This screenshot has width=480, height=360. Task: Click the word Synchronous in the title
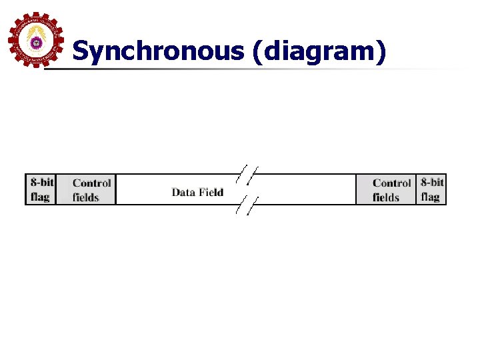159,51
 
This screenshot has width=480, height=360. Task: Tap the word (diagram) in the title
319,51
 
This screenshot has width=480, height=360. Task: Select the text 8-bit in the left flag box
41,182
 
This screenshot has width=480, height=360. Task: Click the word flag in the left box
39,197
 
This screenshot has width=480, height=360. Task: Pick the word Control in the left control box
91,183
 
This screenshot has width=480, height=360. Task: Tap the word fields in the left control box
85,197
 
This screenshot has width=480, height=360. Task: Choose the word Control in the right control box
391,183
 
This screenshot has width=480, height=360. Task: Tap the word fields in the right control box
385,197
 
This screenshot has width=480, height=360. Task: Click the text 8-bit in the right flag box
432,182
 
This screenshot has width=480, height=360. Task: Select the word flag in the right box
430,197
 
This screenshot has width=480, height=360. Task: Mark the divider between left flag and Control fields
55,189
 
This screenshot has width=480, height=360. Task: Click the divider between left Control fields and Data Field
115,189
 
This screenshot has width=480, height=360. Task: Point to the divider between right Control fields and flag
416,189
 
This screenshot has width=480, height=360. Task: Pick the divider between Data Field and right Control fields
356,189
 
